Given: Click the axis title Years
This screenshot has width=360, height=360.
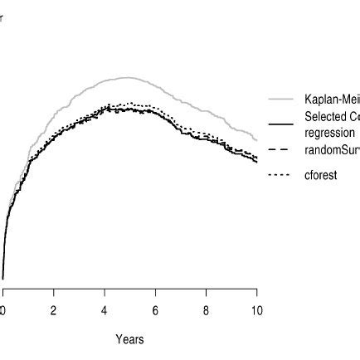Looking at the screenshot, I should pos(129,339).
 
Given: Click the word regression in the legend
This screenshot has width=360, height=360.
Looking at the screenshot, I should pos(331,133).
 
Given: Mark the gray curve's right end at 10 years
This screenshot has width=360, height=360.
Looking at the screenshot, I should pos(256,140).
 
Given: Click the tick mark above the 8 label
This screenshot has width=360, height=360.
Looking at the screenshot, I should pos(206,293).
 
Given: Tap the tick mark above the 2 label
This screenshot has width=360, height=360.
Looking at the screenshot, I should pos(54,293).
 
